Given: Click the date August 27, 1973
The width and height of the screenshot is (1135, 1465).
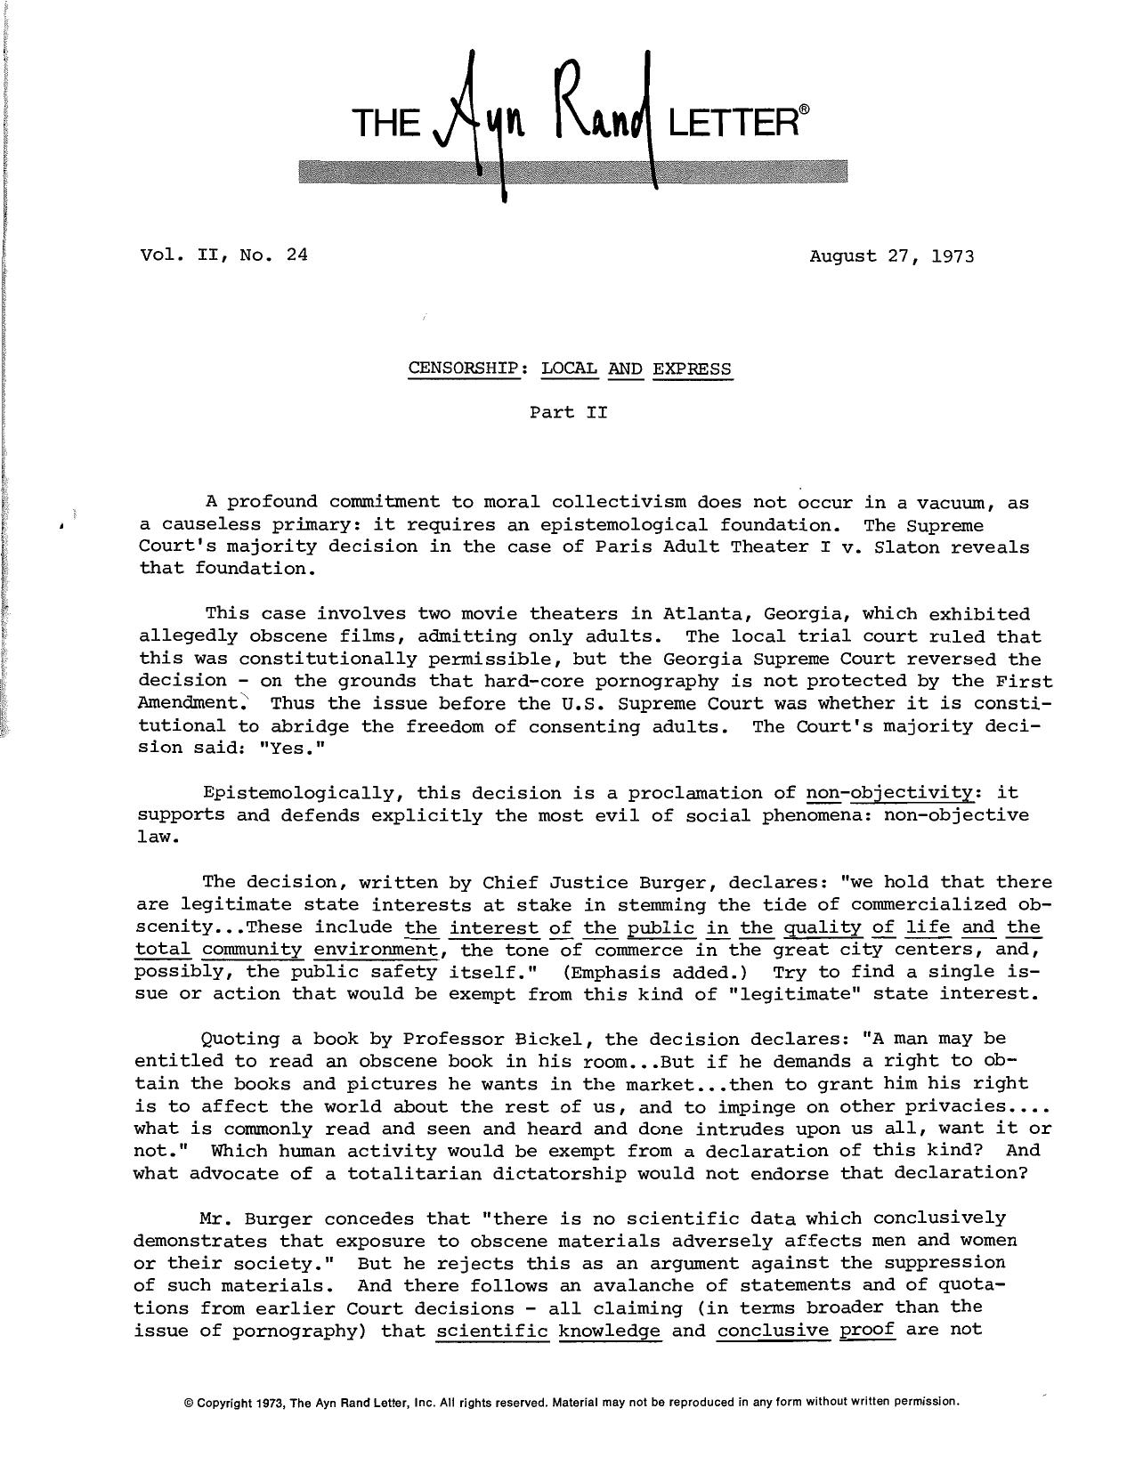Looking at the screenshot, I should click(x=891, y=256).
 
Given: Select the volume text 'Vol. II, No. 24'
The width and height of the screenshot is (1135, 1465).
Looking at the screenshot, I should click(x=223, y=255).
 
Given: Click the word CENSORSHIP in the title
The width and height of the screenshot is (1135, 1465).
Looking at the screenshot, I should click(x=463, y=368).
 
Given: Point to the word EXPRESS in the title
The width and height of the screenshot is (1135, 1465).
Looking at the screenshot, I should click(x=692, y=368).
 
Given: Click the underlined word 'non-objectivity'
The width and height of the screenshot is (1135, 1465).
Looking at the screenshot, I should click(x=889, y=793).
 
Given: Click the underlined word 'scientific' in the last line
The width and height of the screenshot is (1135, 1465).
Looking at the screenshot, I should click(x=491, y=1331).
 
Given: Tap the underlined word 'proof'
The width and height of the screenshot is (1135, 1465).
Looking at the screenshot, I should click(x=866, y=1331).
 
